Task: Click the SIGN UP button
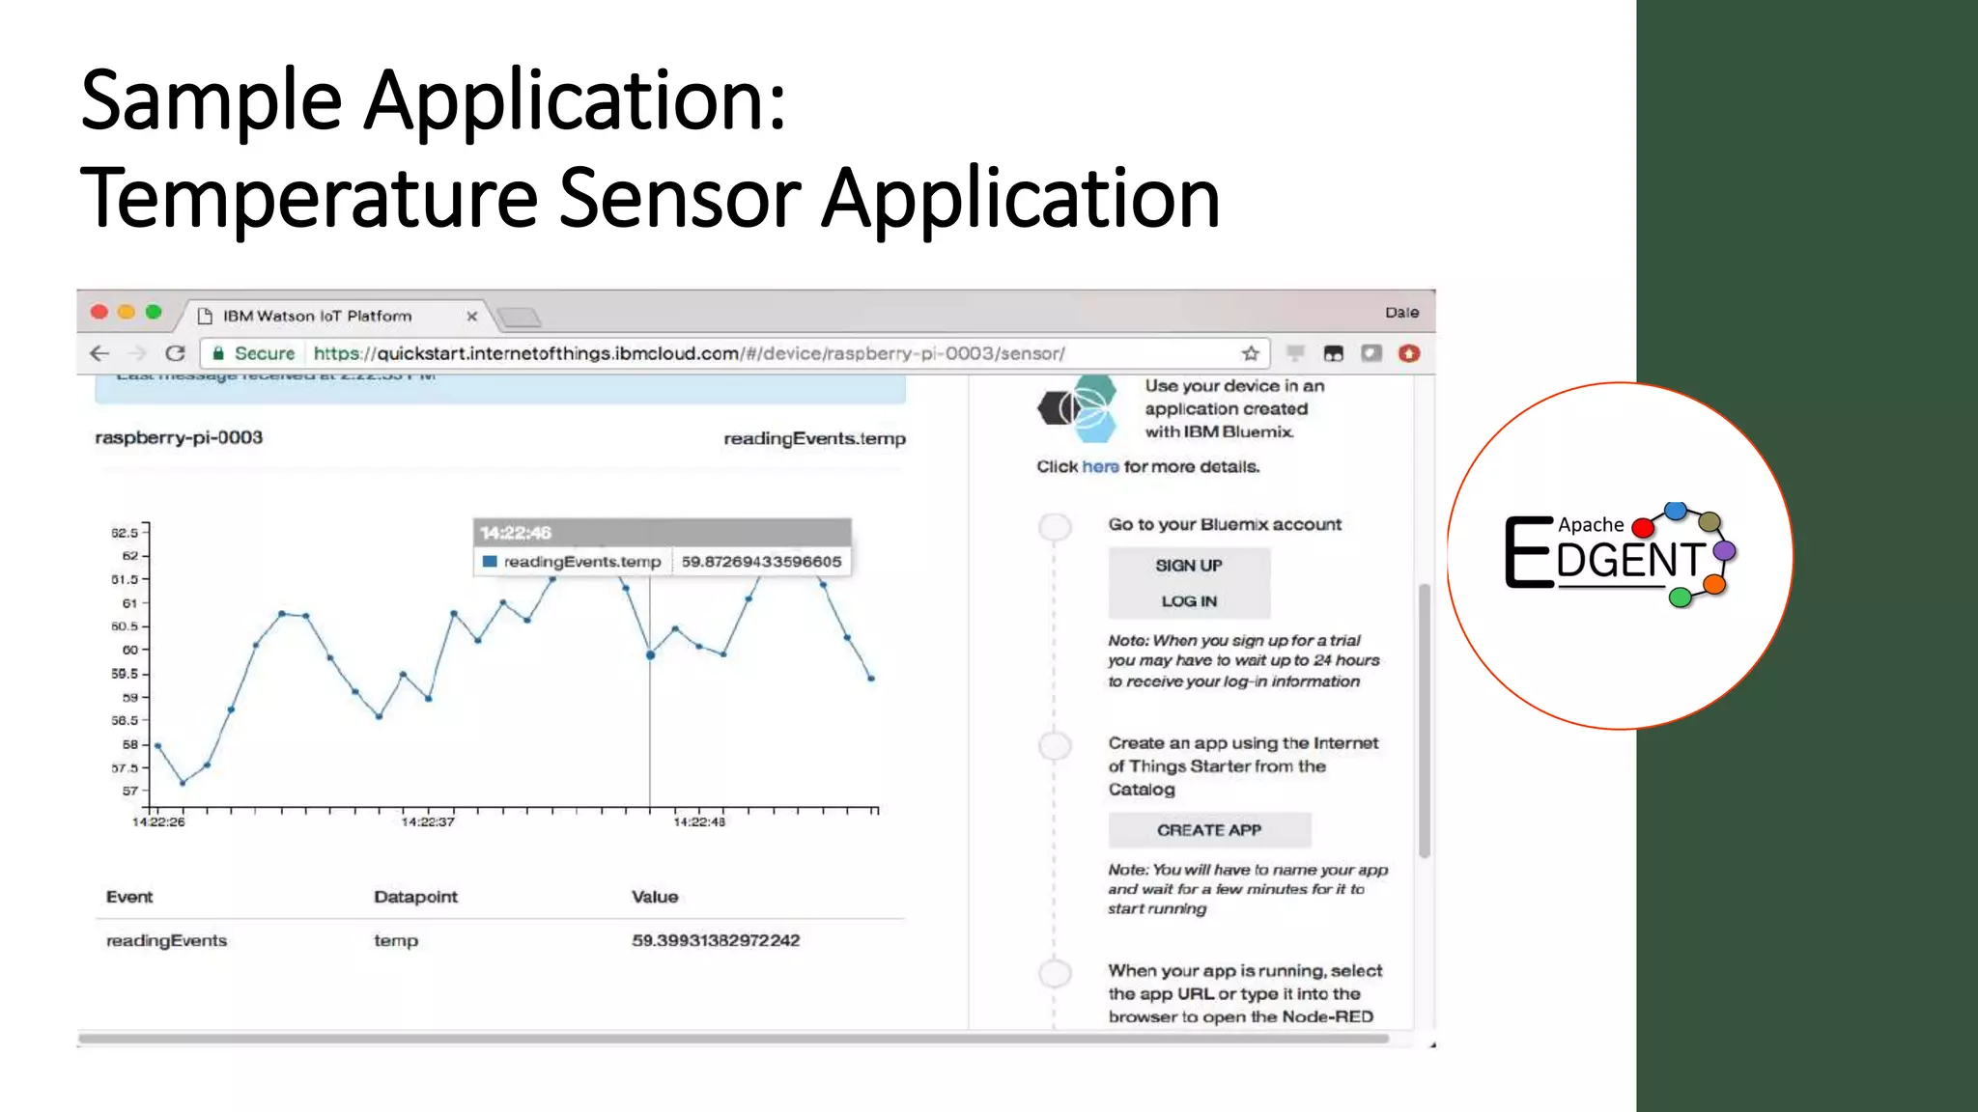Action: (x=1189, y=566)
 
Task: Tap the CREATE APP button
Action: (x=1209, y=830)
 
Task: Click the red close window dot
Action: (x=99, y=312)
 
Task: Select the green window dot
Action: (x=154, y=312)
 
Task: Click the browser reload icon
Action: (x=175, y=353)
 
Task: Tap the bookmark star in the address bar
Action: (x=1251, y=353)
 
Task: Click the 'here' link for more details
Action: (x=1100, y=467)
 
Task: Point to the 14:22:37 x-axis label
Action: (x=428, y=822)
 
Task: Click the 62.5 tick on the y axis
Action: (x=126, y=533)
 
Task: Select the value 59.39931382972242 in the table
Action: (x=716, y=940)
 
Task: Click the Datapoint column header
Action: (x=415, y=897)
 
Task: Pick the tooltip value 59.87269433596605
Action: (x=761, y=562)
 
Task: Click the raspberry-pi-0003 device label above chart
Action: (x=179, y=438)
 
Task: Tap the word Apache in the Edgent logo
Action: (x=1591, y=525)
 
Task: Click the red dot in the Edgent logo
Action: (x=1642, y=528)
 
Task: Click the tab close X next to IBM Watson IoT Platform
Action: (x=472, y=317)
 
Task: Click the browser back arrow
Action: (x=99, y=353)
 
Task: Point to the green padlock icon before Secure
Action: (x=218, y=353)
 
